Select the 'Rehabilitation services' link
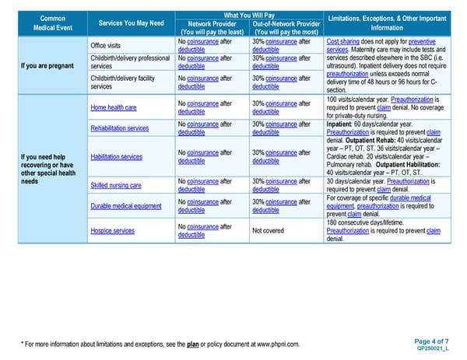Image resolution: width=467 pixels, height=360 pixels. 119,128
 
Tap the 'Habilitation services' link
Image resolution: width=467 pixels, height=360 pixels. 116,156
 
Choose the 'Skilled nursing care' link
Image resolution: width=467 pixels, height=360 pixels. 115,185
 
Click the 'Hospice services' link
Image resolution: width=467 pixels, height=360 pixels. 113,231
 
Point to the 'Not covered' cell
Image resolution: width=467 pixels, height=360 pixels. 268,231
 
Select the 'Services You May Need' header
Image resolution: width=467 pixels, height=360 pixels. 131,23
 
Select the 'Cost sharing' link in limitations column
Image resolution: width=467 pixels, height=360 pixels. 343,40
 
